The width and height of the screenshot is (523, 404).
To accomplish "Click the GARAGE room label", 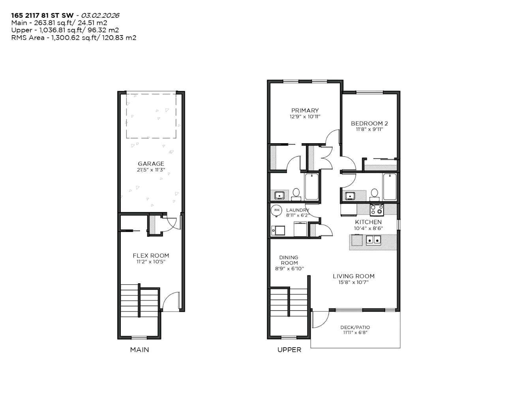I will tap(151, 164).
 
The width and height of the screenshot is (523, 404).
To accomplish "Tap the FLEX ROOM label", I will tap(151, 256).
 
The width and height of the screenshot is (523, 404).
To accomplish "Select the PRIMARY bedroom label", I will tap(305, 110).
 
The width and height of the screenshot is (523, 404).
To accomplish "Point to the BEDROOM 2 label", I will tap(369, 123).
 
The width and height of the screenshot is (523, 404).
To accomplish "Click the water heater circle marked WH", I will tap(277, 210).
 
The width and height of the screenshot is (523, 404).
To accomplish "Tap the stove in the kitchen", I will tap(377, 209).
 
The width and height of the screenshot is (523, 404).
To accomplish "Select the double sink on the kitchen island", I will tap(373, 239).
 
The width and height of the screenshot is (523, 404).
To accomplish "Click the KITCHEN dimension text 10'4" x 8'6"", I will tap(368, 228).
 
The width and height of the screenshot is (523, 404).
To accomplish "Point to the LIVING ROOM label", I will tap(353, 276).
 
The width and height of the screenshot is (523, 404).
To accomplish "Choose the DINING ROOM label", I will tap(289, 260).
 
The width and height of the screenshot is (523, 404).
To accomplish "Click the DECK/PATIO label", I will tap(355, 327).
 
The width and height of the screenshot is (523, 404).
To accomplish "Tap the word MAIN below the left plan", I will tap(139, 350).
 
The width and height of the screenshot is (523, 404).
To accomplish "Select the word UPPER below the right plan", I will tap(289, 350).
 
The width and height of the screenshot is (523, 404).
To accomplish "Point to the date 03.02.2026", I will tap(100, 15).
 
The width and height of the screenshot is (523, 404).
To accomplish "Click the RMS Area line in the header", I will tap(73, 38).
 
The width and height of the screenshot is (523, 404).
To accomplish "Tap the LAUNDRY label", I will tap(297, 210).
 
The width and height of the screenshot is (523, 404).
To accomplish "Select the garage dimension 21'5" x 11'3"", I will tap(151, 170).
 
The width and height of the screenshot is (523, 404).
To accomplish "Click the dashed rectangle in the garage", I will tap(151, 115).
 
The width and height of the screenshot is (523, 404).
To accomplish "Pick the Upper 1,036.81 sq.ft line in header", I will tap(65, 30).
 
